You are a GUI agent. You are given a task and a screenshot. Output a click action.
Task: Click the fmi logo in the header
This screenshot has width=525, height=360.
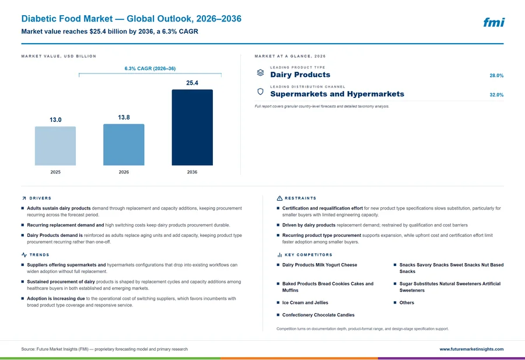[x=494, y=22]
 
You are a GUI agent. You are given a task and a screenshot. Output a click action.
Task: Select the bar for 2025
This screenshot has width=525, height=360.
[x=55, y=146]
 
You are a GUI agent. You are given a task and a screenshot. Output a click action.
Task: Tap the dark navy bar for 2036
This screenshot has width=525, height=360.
[x=192, y=127]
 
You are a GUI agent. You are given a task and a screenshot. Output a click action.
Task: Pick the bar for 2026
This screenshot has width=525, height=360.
[x=124, y=145]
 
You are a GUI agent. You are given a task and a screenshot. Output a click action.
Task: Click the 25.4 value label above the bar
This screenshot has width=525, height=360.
[x=192, y=83]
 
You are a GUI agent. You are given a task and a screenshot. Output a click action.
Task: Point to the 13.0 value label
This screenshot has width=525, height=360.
[x=55, y=120]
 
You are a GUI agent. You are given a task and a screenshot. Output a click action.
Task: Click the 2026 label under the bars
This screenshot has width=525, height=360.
[x=124, y=172]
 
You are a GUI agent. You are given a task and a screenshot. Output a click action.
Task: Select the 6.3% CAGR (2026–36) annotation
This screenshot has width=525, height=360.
[x=150, y=68]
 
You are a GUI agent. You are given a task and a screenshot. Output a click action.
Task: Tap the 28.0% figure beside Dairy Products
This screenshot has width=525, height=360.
[x=496, y=76]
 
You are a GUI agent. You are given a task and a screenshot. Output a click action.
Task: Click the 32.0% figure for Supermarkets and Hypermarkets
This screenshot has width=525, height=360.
[x=496, y=95]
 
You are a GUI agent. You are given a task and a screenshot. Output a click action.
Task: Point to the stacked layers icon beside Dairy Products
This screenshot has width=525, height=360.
[x=261, y=73]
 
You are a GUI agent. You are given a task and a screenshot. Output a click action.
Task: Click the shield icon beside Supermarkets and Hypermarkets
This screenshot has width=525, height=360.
[x=261, y=92]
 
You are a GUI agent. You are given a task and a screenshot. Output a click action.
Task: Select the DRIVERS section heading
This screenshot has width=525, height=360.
[x=40, y=198]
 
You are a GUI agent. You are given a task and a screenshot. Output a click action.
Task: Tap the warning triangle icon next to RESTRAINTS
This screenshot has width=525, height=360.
[x=279, y=198]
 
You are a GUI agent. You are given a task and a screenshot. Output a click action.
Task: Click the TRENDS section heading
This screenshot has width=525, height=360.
[x=39, y=255]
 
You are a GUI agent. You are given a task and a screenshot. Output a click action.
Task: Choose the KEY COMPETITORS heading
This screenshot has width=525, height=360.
[x=309, y=255]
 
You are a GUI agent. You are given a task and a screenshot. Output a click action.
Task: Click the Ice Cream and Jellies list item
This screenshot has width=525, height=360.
[x=305, y=303]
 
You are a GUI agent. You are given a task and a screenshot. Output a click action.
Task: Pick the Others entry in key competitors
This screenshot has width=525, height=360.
[x=407, y=303]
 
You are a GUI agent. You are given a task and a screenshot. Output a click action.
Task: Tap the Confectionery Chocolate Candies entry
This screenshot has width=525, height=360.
[x=318, y=315]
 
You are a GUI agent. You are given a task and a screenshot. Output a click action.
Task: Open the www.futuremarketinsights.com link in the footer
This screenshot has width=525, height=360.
[x=471, y=349]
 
